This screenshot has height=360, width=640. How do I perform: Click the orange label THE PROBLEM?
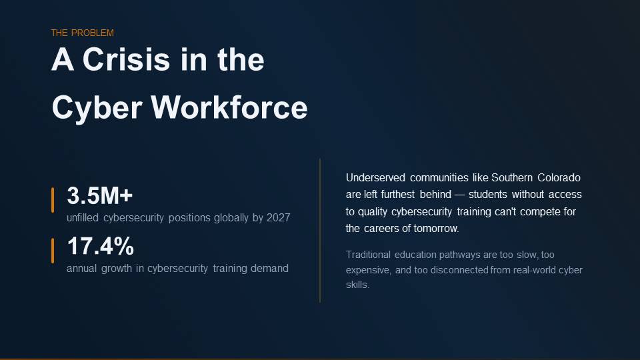[83, 33]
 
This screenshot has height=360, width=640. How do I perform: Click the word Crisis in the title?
[126, 59]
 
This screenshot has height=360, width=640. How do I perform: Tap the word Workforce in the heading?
[229, 107]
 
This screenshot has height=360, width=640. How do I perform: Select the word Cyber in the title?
[97, 109]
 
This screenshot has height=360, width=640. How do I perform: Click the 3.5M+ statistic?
[100, 195]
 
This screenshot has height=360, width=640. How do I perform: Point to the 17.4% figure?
[101, 246]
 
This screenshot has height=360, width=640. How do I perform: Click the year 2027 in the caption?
[279, 217]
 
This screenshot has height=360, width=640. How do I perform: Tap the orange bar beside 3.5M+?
[53, 200]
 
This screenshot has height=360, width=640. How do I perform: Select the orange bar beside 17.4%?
[53, 251]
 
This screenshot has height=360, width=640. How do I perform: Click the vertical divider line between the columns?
[320, 231]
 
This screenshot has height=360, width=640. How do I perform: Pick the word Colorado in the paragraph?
[559, 177]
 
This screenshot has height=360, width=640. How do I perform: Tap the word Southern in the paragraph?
[512, 177]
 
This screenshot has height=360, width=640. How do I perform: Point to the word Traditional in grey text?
[368, 255]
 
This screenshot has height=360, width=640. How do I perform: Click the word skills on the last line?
[357, 285]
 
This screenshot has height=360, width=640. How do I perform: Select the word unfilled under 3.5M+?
[83, 217]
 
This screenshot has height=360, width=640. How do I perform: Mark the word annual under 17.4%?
[81, 268]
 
